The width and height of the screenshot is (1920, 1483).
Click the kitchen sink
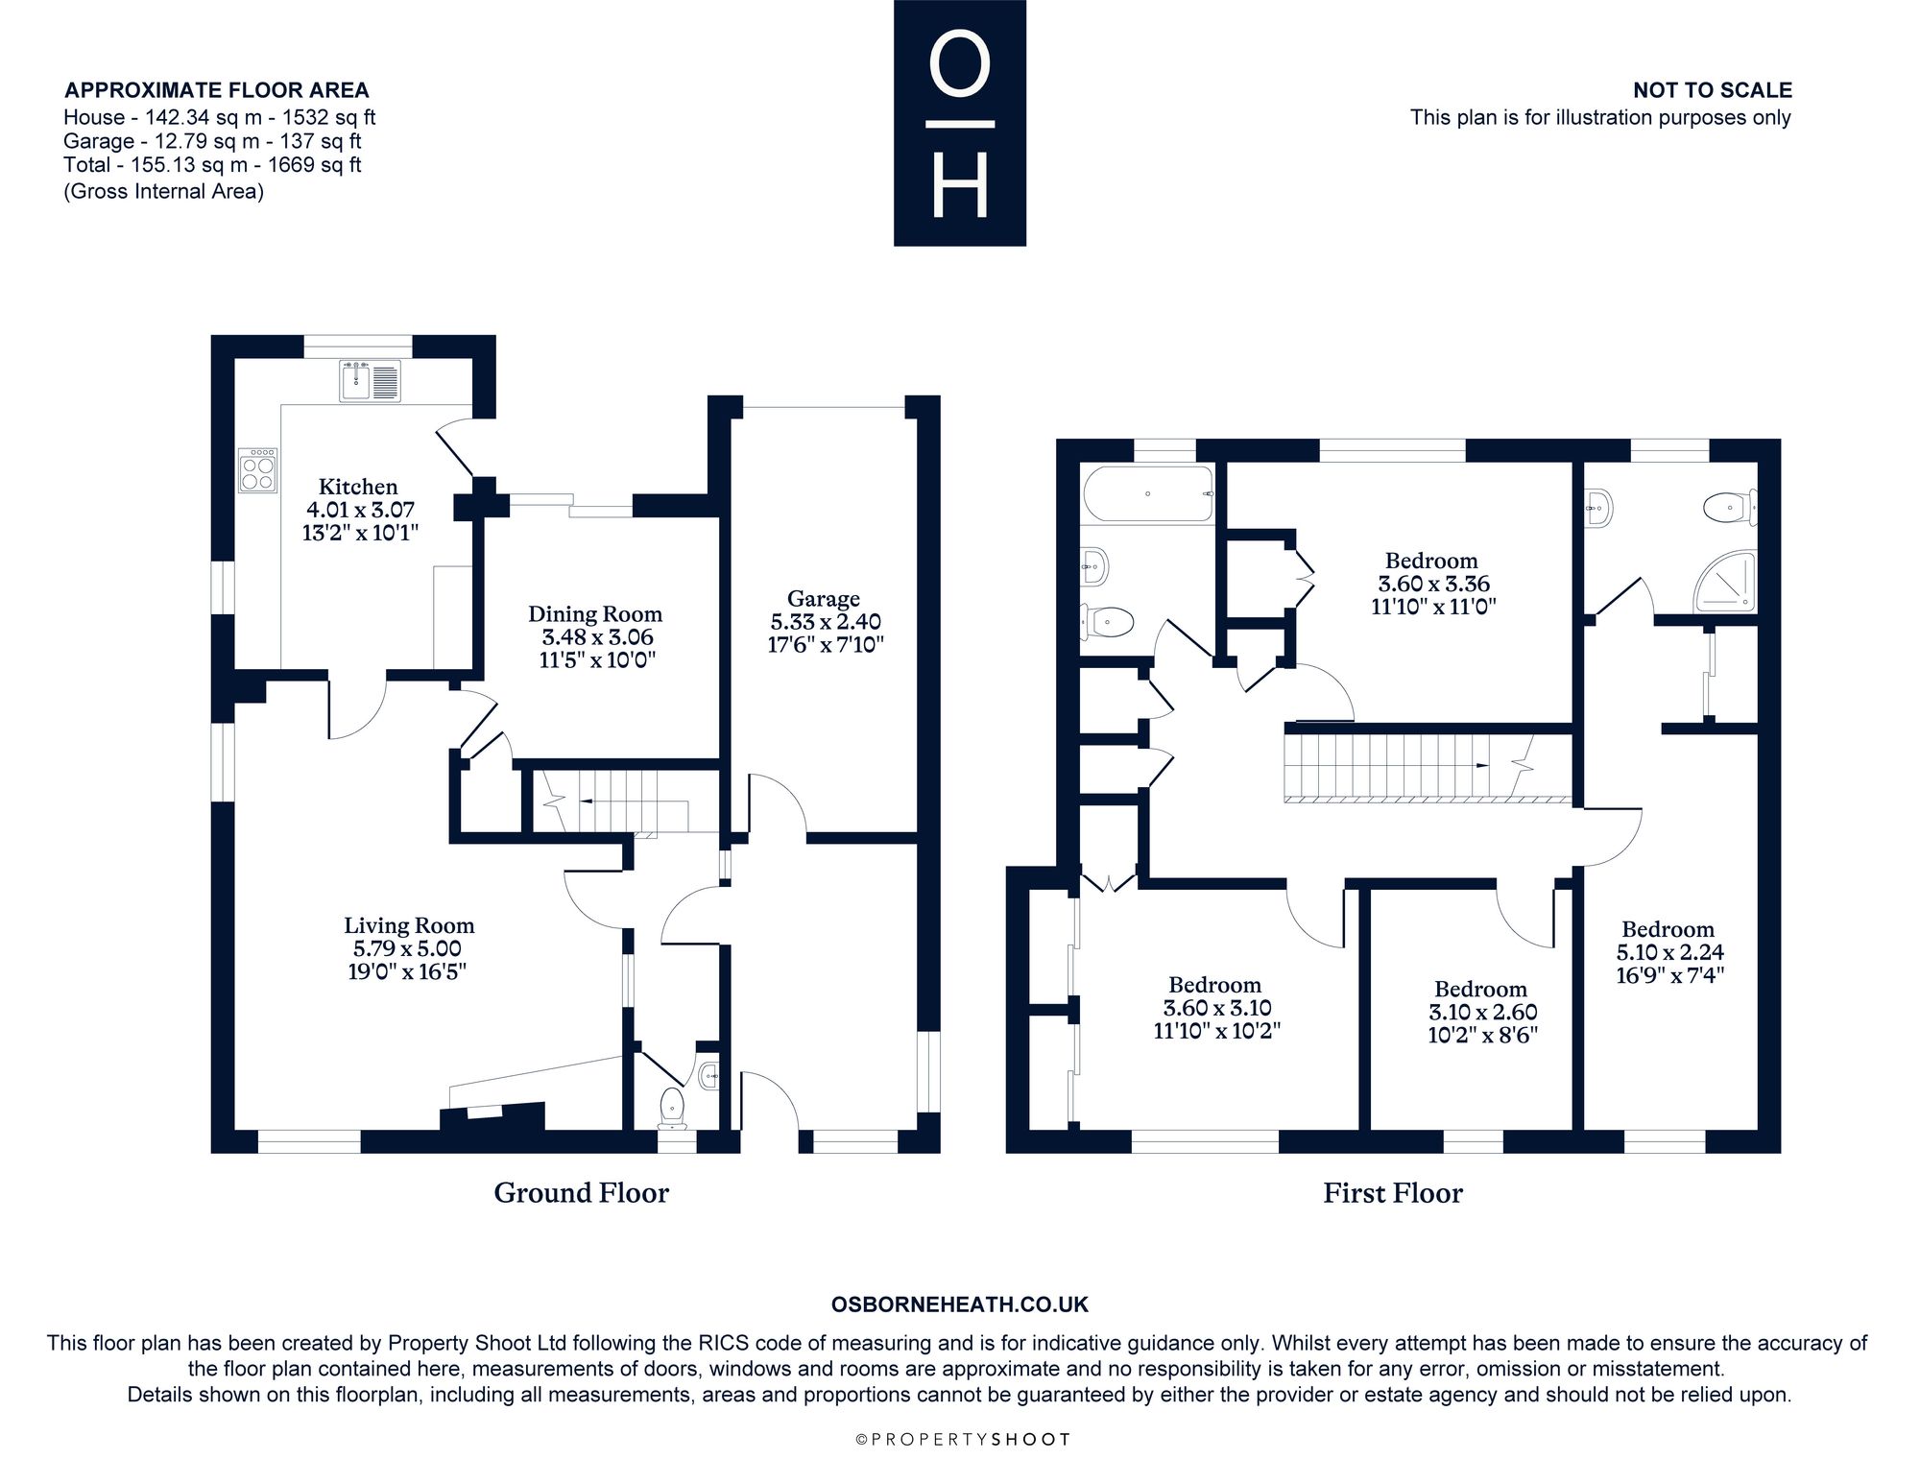[370, 380]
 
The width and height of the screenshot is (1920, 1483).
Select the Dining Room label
[595, 614]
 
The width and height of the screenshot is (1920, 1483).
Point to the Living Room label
[410, 925]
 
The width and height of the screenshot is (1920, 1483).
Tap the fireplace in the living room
[492, 1118]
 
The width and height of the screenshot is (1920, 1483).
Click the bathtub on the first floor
[1148, 493]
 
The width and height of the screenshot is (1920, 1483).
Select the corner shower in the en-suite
[1725, 582]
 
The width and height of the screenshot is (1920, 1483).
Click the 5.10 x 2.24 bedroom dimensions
[1670, 952]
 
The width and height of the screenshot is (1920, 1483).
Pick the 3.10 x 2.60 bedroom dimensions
[1483, 1013]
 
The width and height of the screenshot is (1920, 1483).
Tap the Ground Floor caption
[582, 1193]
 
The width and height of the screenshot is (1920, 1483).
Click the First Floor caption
[1393, 1193]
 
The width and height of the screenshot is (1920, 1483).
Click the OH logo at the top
[960, 123]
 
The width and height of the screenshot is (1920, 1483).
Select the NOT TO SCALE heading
[1713, 90]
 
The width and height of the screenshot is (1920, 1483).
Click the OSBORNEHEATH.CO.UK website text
[960, 1304]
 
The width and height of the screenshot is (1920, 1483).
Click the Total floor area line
[212, 165]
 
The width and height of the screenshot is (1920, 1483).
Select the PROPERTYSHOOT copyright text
[962, 1439]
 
